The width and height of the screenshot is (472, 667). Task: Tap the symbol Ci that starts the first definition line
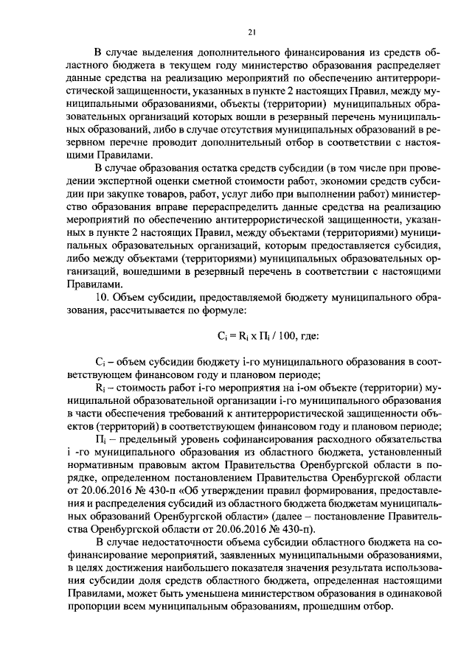click(x=101, y=363)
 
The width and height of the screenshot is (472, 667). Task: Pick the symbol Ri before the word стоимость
click(x=101, y=387)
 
